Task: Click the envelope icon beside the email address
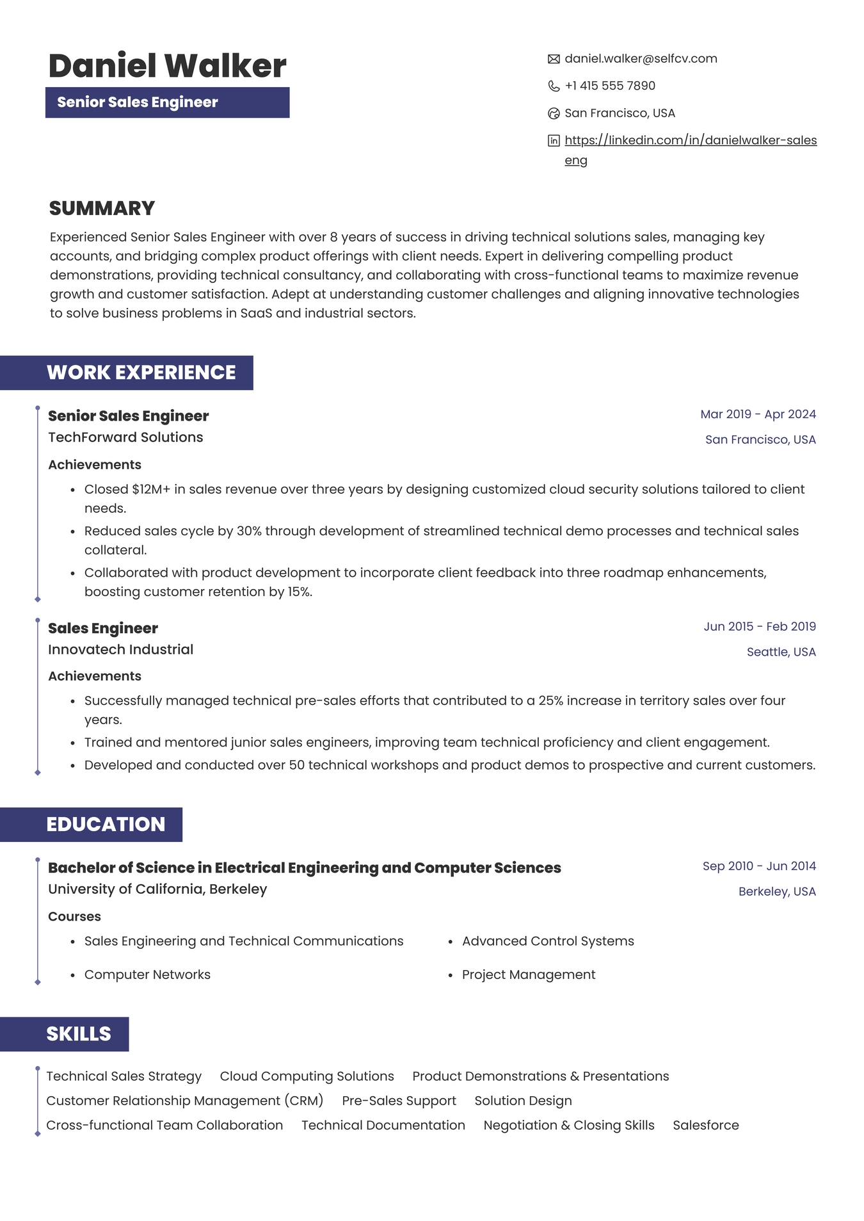[554, 59]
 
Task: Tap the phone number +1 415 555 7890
[609, 86]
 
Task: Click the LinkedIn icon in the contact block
[554, 141]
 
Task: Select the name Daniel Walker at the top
[167, 66]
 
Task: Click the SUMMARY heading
[102, 208]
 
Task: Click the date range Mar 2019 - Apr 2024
[758, 414]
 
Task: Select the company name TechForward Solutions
[125, 437]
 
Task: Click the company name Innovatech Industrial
[120, 649]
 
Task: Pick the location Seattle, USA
[781, 652]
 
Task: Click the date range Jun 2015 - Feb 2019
[760, 626]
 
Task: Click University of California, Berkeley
[157, 889]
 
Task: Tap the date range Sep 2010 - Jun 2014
[759, 866]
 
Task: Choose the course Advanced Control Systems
[548, 941]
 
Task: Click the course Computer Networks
[147, 974]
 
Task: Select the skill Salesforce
[705, 1125]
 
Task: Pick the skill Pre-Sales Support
[399, 1101]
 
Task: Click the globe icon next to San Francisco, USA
[554, 113]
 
